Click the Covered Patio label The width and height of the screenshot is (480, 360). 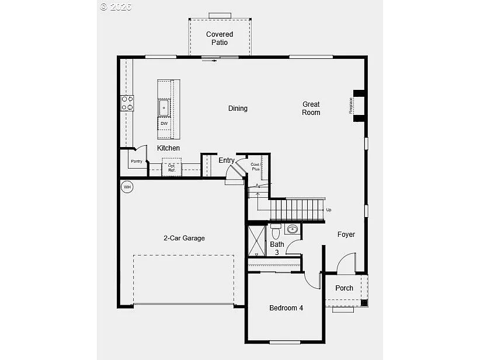[x=220, y=39]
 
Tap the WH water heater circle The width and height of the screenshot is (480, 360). [x=127, y=187]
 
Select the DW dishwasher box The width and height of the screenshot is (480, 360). [x=164, y=124]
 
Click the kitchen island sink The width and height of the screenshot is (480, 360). [x=164, y=108]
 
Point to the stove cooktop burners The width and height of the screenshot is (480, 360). [x=127, y=103]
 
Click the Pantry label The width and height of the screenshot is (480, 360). [x=137, y=161]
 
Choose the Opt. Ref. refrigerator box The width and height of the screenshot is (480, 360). [x=172, y=167]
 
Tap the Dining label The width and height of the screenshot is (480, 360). [x=238, y=109]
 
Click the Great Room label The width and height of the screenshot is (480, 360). [x=311, y=109]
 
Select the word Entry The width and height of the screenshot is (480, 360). [x=227, y=160]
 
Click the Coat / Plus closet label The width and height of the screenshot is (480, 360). [x=255, y=166]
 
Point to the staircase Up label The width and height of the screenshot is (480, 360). [x=329, y=210]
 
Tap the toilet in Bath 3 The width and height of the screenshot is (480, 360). [x=276, y=229]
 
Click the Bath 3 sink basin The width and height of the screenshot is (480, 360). [x=293, y=229]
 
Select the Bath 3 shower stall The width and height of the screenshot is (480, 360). [x=256, y=241]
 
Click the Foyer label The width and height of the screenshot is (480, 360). [x=346, y=235]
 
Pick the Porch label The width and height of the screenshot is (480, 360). [x=344, y=288]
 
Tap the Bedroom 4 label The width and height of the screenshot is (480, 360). [x=286, y=308]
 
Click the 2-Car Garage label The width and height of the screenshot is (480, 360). [x=184, y=238]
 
